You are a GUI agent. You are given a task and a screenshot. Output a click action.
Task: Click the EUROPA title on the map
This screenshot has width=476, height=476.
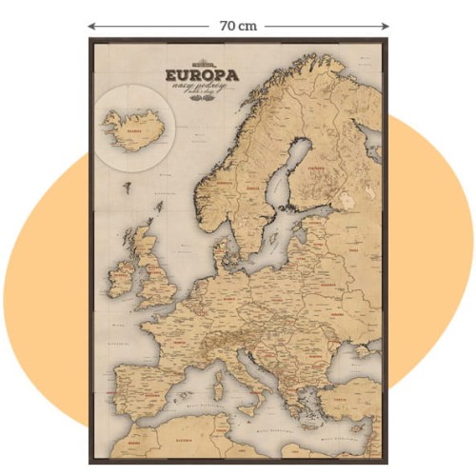pyautogui.click(x=201, y=73)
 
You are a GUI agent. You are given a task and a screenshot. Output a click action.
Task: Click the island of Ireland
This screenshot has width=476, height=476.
pyautogui.click(x=122, y=274)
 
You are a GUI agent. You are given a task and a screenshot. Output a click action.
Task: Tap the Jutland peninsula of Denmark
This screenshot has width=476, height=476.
pyautogui.click(x=221, y=250)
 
